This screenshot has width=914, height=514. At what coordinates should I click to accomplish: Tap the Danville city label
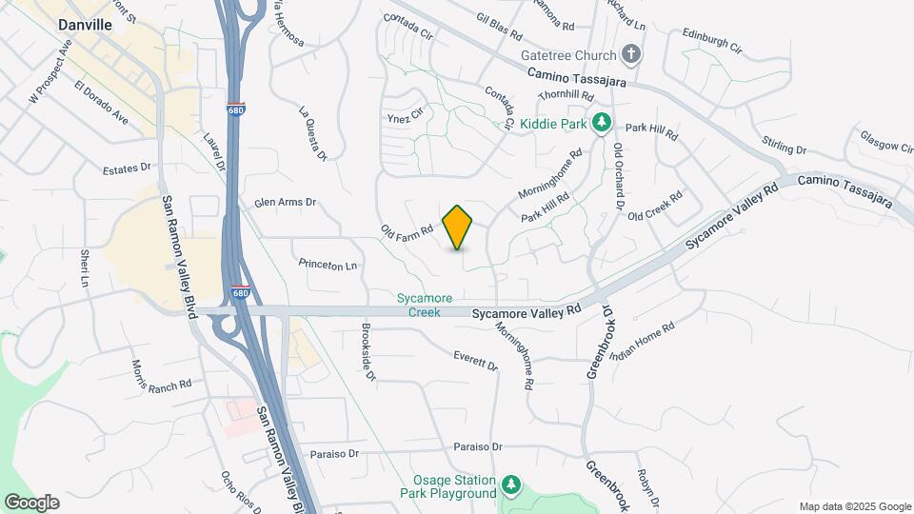[85, 26]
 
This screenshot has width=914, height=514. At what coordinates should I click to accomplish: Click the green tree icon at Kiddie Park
[602, 123]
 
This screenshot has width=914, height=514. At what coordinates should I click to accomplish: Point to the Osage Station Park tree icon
[511, 486]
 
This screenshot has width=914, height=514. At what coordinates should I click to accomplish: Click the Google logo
[31, 503]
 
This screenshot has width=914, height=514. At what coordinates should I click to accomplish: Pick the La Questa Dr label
[313, 133]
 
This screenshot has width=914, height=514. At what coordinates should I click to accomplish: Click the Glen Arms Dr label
[285, 203]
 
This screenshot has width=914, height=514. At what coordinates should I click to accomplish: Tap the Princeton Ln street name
[328, 266]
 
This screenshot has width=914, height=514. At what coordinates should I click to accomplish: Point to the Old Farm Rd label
[407, 229]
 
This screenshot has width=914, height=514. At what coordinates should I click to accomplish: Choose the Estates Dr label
[127, 168]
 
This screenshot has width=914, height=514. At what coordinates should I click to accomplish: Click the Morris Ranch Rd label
[162, 374]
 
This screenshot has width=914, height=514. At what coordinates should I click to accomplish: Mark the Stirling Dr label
[784, 146]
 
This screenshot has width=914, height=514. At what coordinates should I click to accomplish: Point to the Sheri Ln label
[84, 268]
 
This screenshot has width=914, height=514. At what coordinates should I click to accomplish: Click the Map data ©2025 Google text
[855, 506]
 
